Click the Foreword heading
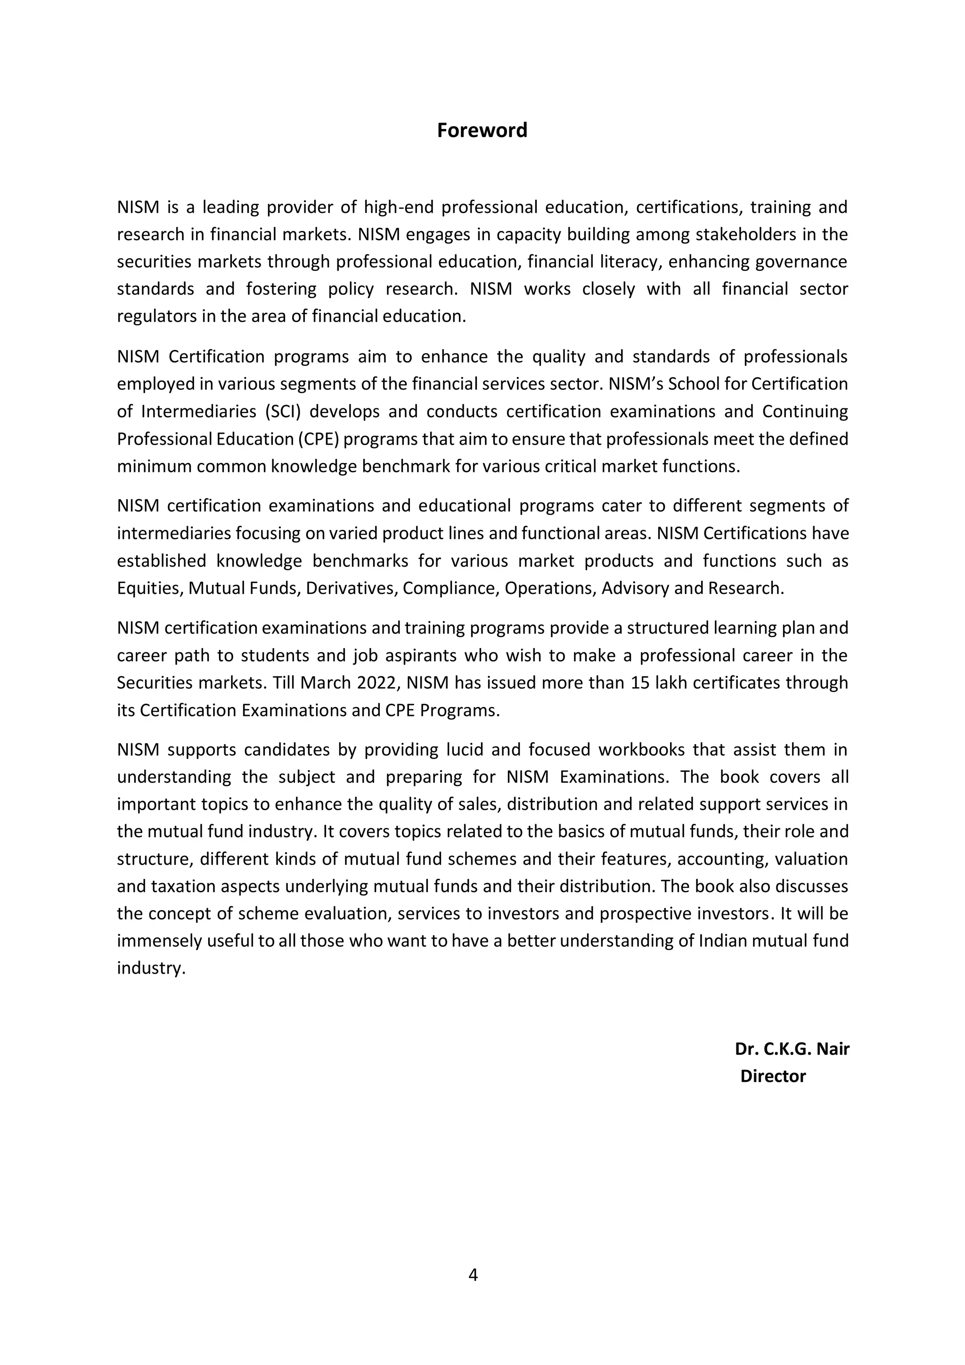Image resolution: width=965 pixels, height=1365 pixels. pos(482,130)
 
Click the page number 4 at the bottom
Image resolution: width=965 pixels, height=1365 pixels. pos(473,1275)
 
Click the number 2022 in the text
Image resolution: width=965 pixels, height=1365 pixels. pos(376,682)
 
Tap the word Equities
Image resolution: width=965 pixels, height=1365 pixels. pos(150,588)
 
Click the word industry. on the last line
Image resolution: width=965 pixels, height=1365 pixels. pos(151,968)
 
